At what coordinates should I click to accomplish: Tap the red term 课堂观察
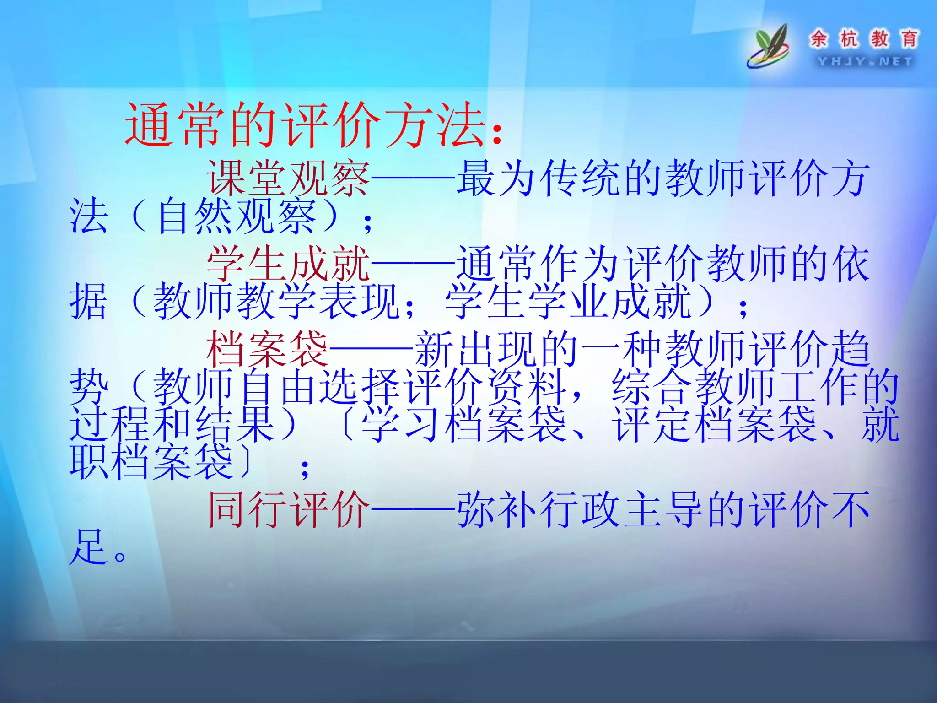pos(288,178)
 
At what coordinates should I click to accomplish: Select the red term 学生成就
pos(288,263)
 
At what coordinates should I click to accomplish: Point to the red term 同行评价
pos(288,509)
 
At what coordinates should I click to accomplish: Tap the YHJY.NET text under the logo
pos(865,61)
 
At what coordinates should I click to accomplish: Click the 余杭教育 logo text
pos(864,39)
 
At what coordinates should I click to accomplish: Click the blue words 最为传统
pos(540,178)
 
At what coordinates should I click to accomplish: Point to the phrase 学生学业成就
pos(567,301)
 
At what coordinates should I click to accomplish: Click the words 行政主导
pos(622,509)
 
